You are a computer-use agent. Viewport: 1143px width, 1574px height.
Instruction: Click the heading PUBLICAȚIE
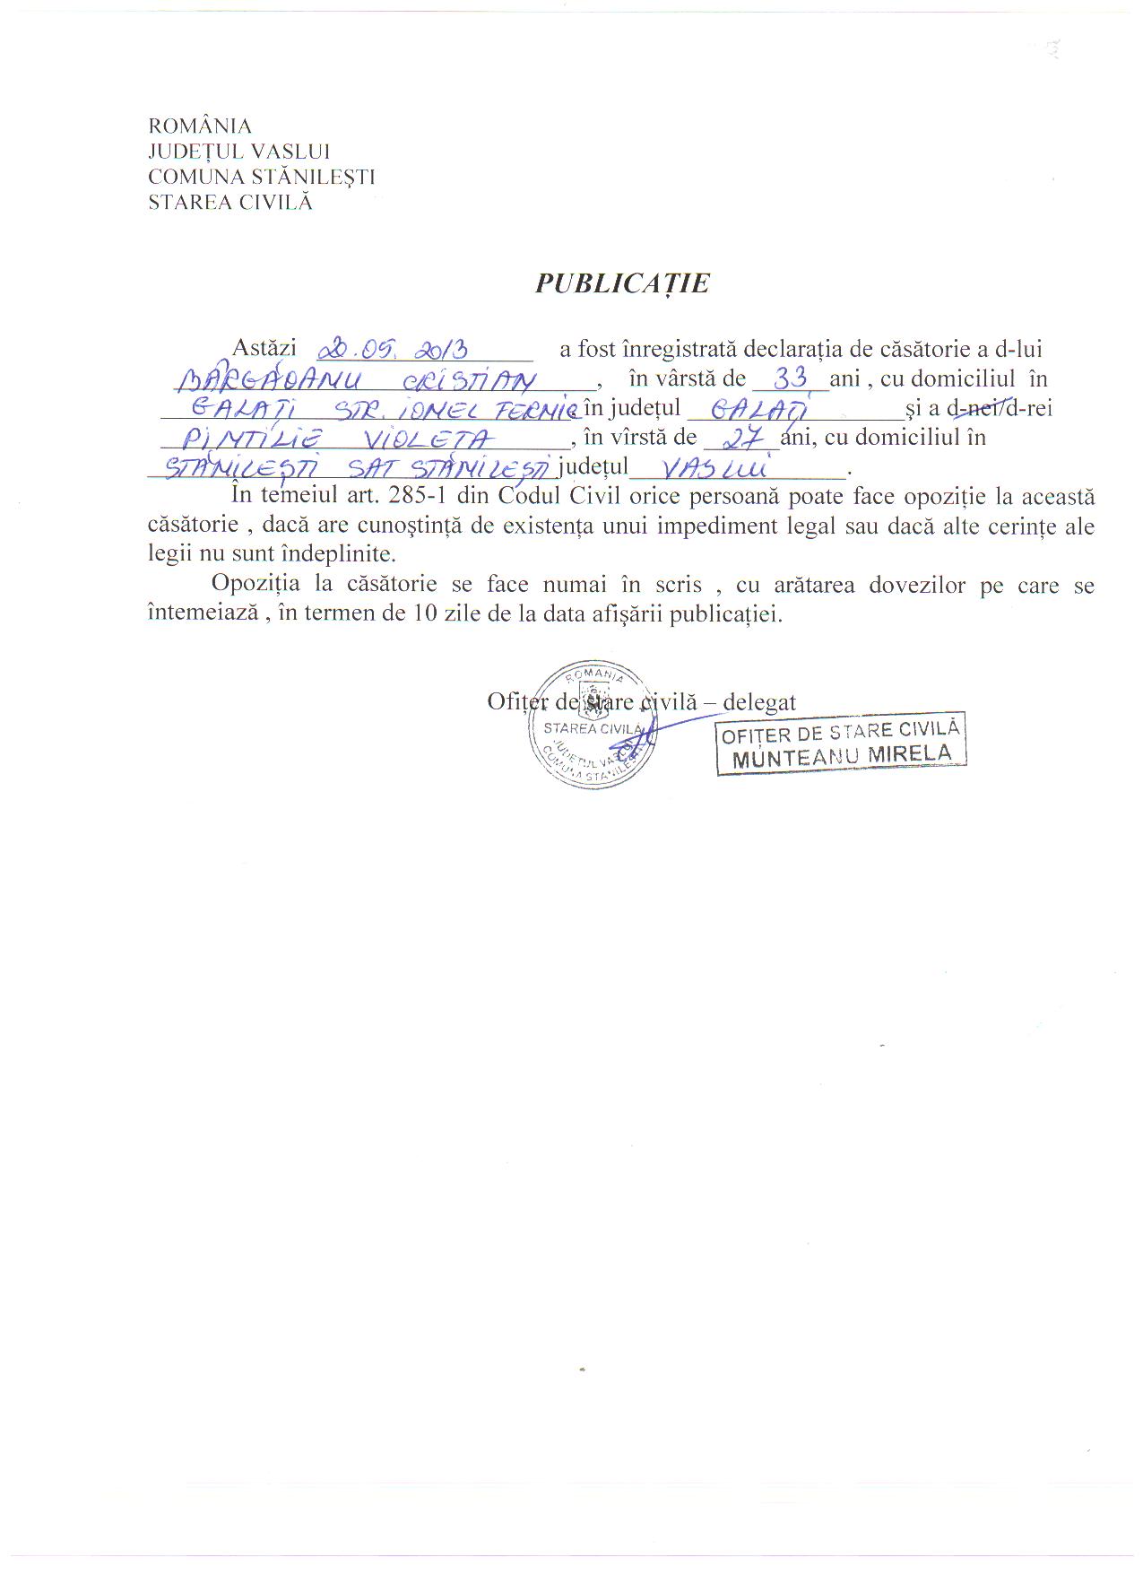pos(622,283)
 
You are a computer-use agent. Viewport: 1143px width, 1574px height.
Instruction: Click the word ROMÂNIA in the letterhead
pos(200,126)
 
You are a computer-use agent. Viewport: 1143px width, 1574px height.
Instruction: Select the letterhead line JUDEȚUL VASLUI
pos(239,152)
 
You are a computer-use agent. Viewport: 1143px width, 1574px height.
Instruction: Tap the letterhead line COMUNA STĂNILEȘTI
pos(262,177)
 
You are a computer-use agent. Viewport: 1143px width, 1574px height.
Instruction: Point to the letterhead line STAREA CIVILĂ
pos(230,202)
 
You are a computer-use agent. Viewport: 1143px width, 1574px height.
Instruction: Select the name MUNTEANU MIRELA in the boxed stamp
pos(842,756)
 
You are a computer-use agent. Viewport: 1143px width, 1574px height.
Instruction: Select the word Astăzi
pos(264,349)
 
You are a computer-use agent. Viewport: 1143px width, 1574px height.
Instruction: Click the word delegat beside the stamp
pos(759,701)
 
